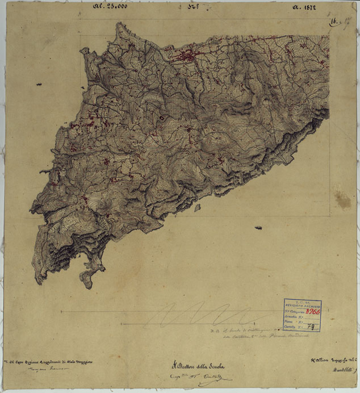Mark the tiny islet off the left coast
click(40, 85)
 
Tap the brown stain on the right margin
click(342, 198)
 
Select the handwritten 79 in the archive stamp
click(311, 327)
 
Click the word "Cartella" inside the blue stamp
click(293, 327)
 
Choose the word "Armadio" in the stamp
click(293, 317)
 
